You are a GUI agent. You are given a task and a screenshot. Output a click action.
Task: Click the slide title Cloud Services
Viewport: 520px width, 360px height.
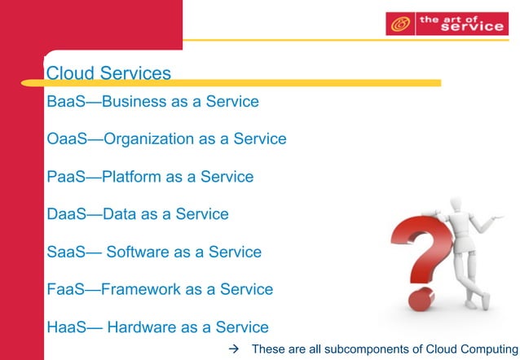(108, 73)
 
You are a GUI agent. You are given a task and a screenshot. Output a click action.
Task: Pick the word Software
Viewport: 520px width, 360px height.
(137, 252)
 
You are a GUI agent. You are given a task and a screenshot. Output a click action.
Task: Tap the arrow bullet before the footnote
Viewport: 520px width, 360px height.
(234, 350)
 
